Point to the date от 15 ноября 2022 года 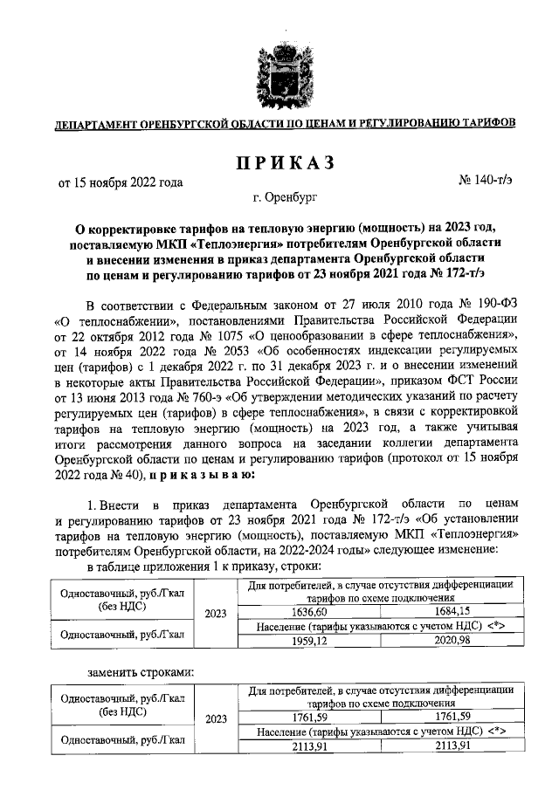pyautogui.click(x=121, y=182)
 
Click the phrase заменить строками pyautogui.click(x=141, y=671)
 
